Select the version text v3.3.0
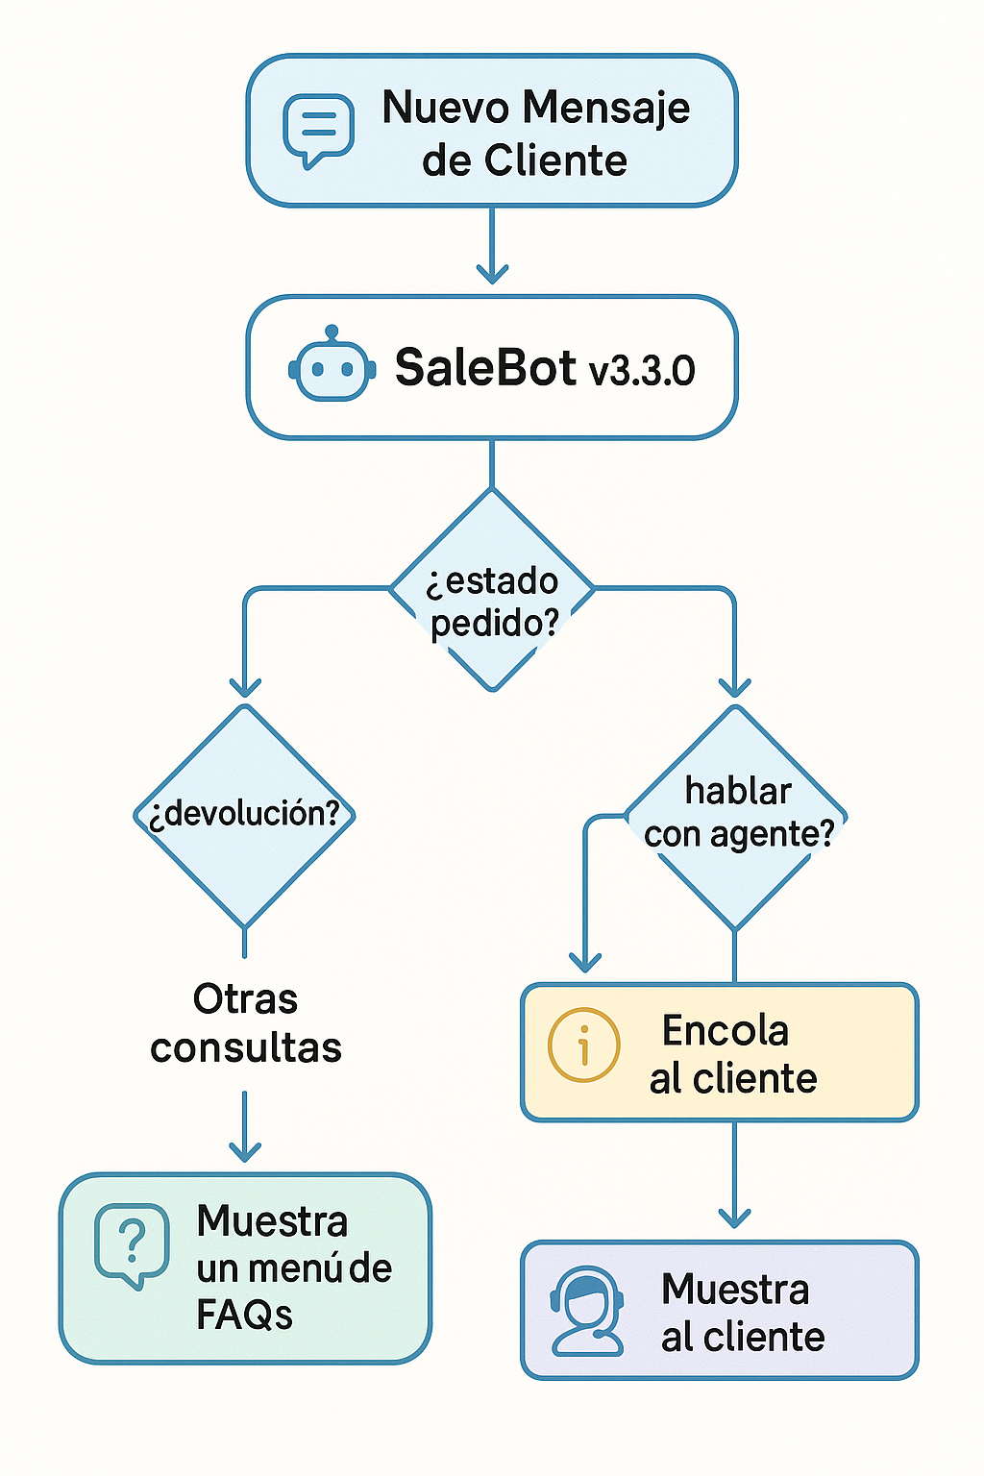click(x=642, y=370)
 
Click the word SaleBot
click(x=485, y=367)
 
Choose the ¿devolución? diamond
click(x=244, y=816)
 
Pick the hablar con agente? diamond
click(x=735, y=817)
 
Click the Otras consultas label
click(x=245, y=1023)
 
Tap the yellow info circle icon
click(x=583, y=1045)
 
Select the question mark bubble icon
click(x=132, y=1244)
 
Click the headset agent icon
click(x=586, y=1311)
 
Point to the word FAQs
click(x=244, y=1316)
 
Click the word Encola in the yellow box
click(x=725, y=1030)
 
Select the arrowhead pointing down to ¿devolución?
click(x=244, y=687)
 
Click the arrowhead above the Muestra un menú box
click(x=244, y=1152)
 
